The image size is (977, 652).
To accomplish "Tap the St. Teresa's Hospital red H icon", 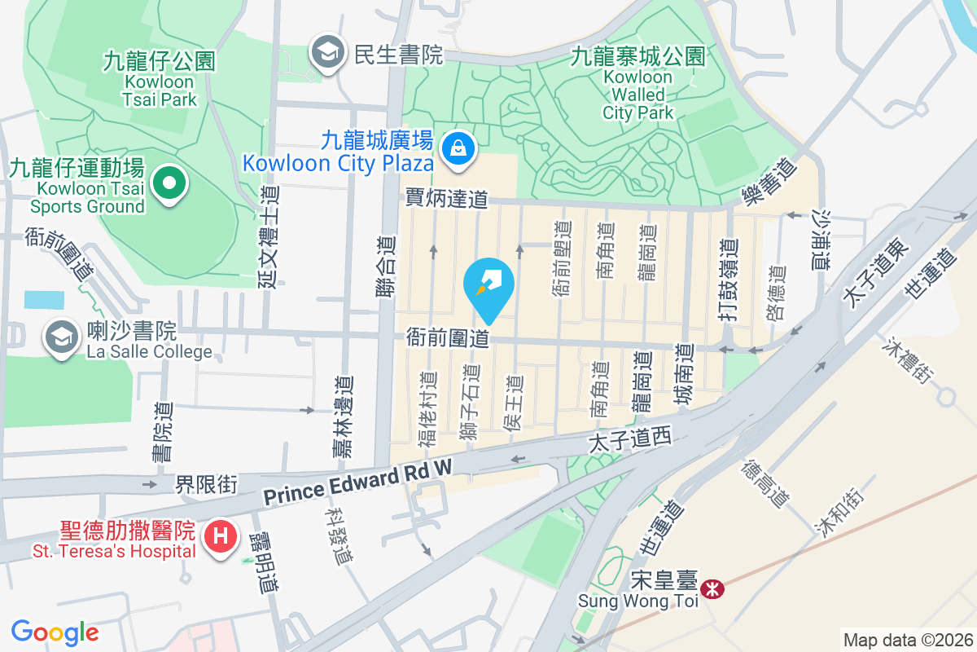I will click(219, 539).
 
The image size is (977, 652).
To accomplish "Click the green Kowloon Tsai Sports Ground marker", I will click(169, 184).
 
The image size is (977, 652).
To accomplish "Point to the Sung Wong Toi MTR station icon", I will click(712, 588).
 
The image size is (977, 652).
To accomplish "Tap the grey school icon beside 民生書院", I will click(327, 54).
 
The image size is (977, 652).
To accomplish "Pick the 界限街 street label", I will click(206, 485).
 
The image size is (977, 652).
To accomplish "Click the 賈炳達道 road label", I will click(446, 198).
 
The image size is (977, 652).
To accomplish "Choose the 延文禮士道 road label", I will click(268, 236).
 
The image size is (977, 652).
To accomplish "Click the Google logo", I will click(55, 632).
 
